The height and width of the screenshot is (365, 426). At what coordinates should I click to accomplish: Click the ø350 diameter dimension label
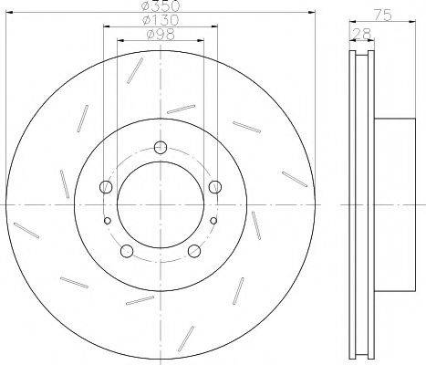tap(161, 5)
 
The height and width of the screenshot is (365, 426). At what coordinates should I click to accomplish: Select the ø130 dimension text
tap(161, 20)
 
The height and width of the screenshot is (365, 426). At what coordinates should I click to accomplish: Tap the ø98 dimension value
tap(161, 34)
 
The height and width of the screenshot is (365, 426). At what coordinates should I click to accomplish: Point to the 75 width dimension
tap(382, 16)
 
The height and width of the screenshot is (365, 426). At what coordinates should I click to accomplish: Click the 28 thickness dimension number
tap(362, 33)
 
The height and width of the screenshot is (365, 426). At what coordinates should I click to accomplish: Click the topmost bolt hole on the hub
tap(161, 148)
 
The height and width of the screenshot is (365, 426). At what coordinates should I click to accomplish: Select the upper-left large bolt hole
tap(106, 186)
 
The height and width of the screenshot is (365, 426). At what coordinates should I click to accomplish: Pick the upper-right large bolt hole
tap(215, 186)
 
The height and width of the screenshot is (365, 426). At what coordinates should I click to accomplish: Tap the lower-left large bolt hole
tap(127, 251)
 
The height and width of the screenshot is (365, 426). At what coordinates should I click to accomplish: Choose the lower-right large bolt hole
tap(194, 251)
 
